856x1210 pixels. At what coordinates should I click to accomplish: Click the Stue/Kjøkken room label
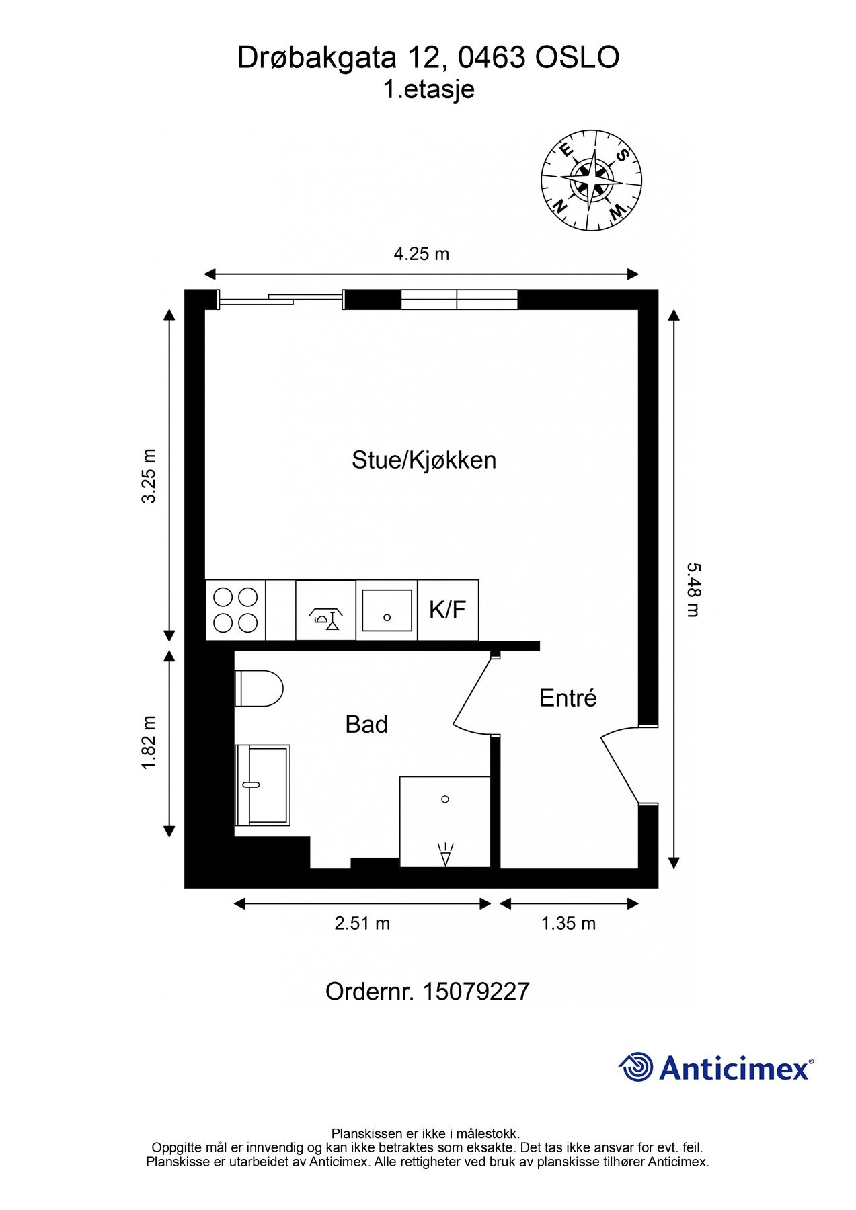(x=424, y=460)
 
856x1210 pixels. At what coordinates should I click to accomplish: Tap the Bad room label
(x=366, y=725)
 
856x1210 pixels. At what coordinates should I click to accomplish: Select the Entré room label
(x=568, y=698)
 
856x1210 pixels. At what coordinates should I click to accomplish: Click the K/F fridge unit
(x=448, y=610)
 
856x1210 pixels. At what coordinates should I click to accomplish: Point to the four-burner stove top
(x=235, y=610)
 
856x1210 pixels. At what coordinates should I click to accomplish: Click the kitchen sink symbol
(x=387, y=610)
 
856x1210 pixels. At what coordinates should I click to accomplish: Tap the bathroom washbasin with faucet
(x=262, y=784)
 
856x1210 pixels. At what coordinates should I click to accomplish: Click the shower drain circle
(x=444, y=799)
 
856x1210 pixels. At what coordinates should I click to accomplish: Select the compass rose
(x=592, y=179)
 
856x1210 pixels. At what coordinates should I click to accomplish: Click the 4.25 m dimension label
(x=421, y=254)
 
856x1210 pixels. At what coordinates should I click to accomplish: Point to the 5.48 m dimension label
(x=693, y=590)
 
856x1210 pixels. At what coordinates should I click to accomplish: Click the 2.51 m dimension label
(x=362, y=923)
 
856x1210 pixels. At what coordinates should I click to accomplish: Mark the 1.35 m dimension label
(x=568, y=923)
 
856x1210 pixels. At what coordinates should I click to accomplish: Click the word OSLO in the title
(x=576, y=58)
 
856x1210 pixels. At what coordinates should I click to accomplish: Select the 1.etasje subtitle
(x=428, y=89)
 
